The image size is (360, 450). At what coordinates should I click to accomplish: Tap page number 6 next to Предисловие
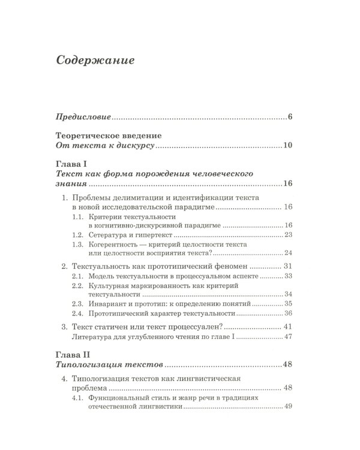point(289,116)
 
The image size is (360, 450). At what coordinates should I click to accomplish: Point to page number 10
point(287,146)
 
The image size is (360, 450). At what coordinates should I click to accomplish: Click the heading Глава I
point(71,163)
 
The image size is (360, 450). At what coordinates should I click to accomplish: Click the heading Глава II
point(73,353)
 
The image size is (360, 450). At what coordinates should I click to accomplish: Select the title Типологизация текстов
point(109,364)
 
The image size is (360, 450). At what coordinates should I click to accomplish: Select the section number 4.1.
point(77,398)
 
